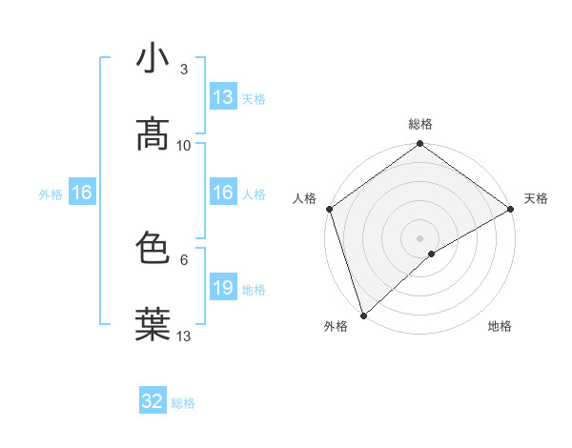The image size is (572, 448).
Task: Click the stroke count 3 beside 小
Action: click(184, 69)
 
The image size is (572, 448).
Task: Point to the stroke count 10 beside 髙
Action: click(184, 145)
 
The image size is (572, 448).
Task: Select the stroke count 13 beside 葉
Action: click(184, 336)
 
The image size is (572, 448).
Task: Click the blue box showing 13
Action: click(223, 97)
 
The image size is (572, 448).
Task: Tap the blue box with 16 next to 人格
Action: click(223, 193)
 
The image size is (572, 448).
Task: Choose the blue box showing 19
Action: click(223, 288)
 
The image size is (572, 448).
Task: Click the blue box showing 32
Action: click(153, 401)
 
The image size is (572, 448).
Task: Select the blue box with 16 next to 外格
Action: click(82, 193)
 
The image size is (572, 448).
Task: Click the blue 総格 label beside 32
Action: click(183, 403)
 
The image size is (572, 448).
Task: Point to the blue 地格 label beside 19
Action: click(254, 289)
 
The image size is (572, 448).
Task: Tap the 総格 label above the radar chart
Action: click(420, 125)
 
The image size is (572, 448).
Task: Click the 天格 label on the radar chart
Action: click(536, 198)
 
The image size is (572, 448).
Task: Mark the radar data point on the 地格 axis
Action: click(432, 254)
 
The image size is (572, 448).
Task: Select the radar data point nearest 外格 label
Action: click(363, 316)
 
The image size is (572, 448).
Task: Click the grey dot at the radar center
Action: click(420, 237)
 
